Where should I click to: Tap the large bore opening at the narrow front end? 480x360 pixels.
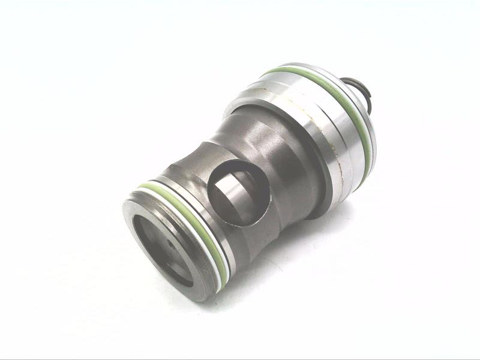pos(161,249)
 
